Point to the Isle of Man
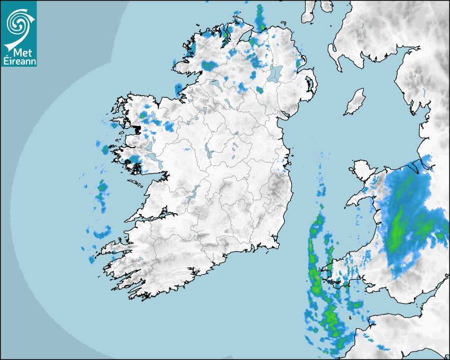pyautogui.click(x=355, y=102)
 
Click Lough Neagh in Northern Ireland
pyautogui.click(x=275, y=73)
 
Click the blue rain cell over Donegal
pyautogui.click(x=210, y=66)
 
